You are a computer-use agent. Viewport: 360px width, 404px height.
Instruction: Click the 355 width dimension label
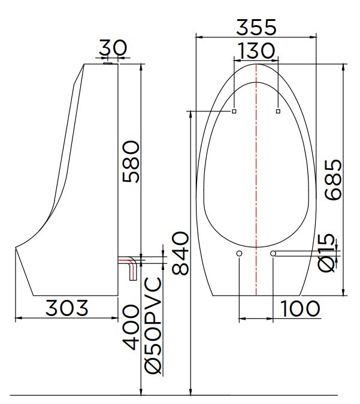[256, 27]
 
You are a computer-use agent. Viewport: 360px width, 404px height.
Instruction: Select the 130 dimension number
[256, 50]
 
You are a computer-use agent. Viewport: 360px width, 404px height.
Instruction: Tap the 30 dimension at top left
[113, 47]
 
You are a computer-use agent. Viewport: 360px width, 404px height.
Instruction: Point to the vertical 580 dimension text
[131, 162]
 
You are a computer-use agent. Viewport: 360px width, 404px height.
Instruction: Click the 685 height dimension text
[333, 180]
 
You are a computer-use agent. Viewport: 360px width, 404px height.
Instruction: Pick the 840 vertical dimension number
[180, 253]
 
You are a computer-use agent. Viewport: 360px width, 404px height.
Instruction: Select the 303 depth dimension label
[67, 308]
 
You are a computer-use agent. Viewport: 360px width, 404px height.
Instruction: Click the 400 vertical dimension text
[131, 327]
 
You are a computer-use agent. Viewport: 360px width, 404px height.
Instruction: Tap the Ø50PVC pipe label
[153, 326]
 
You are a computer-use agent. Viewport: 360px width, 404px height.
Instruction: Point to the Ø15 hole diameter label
[326, 253]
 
